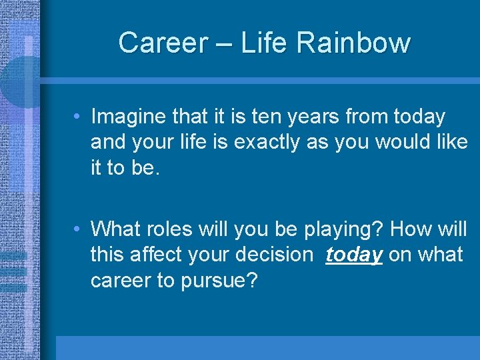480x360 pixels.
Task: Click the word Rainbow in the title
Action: pos(354,43)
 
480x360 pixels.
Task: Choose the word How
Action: pos(410,229)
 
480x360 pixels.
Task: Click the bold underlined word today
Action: pos(354,255)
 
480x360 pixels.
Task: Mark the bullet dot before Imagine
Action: pos(78,117)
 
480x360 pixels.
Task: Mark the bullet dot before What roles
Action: pos(78,229)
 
